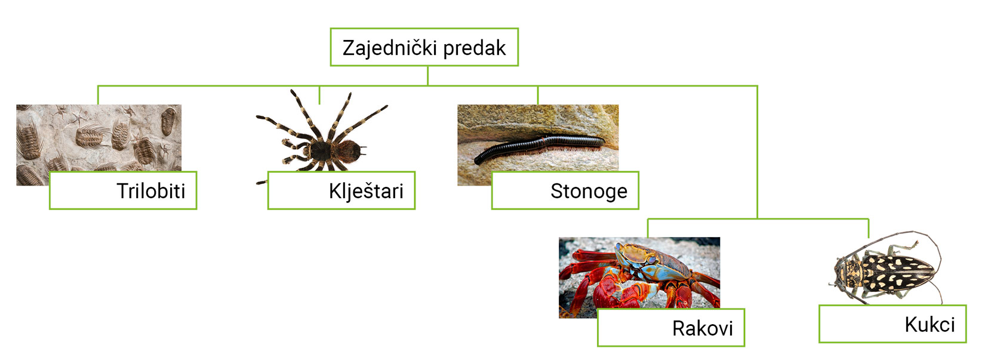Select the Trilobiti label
click(150, 191)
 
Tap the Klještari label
click(366, 191)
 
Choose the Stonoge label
click(589, 191)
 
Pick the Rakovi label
click(702, 328)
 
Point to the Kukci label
click(929, 325)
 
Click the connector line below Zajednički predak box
click(427, 75)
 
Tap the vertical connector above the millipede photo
click(538, 95)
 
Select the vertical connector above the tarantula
click(319, 94)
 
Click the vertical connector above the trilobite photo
click(98, 95)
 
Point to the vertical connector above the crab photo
click(648, 227)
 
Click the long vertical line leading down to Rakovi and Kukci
click(757, 155)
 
